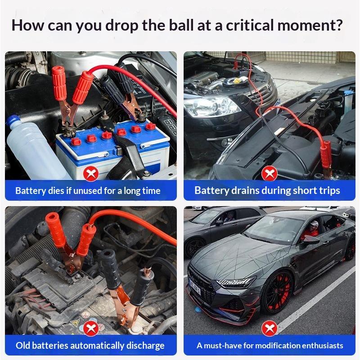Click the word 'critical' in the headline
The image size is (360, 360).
pyautogui.click(x=250, y=25)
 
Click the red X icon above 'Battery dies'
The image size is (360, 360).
pyautogui.click(x=91, y=174)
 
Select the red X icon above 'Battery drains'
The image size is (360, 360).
pyautogui.click(x=269, y=173)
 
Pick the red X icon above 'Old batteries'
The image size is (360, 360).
pyautogui.click(x=91, y=328)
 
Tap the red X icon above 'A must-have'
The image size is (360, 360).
pyautogui.click(x=269, y=328)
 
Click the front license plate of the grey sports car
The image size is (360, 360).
pyautogui.click(x=195, y=288)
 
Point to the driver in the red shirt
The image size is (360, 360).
pyautogui.click(x=311, y=231)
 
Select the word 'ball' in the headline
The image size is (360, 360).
pyautogui.click(x=181, y=25)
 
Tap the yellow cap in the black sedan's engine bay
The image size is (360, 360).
pyautogui.click(x=237, y=81)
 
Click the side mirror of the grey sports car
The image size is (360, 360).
pyautogui.click(x=310, y=240)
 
